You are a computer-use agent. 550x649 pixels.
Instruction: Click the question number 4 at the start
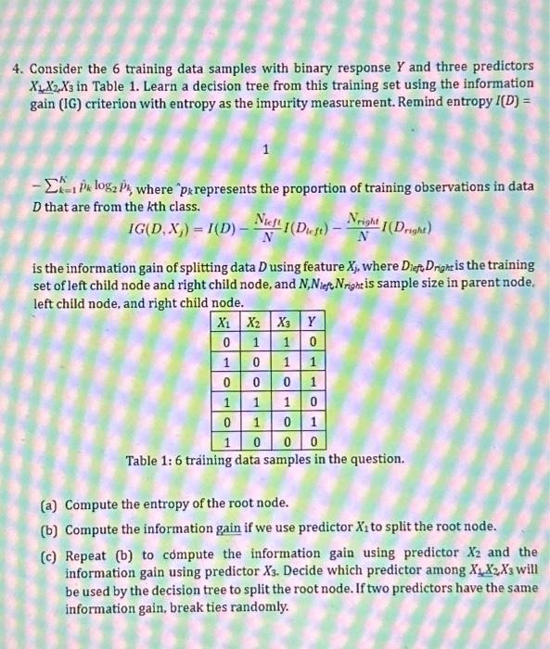17,70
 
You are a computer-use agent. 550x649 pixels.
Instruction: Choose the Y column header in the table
313,324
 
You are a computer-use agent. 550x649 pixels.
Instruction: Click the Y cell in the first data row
313,342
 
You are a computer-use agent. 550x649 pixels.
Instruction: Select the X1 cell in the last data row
224,441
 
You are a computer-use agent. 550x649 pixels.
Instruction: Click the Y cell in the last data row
313,441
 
